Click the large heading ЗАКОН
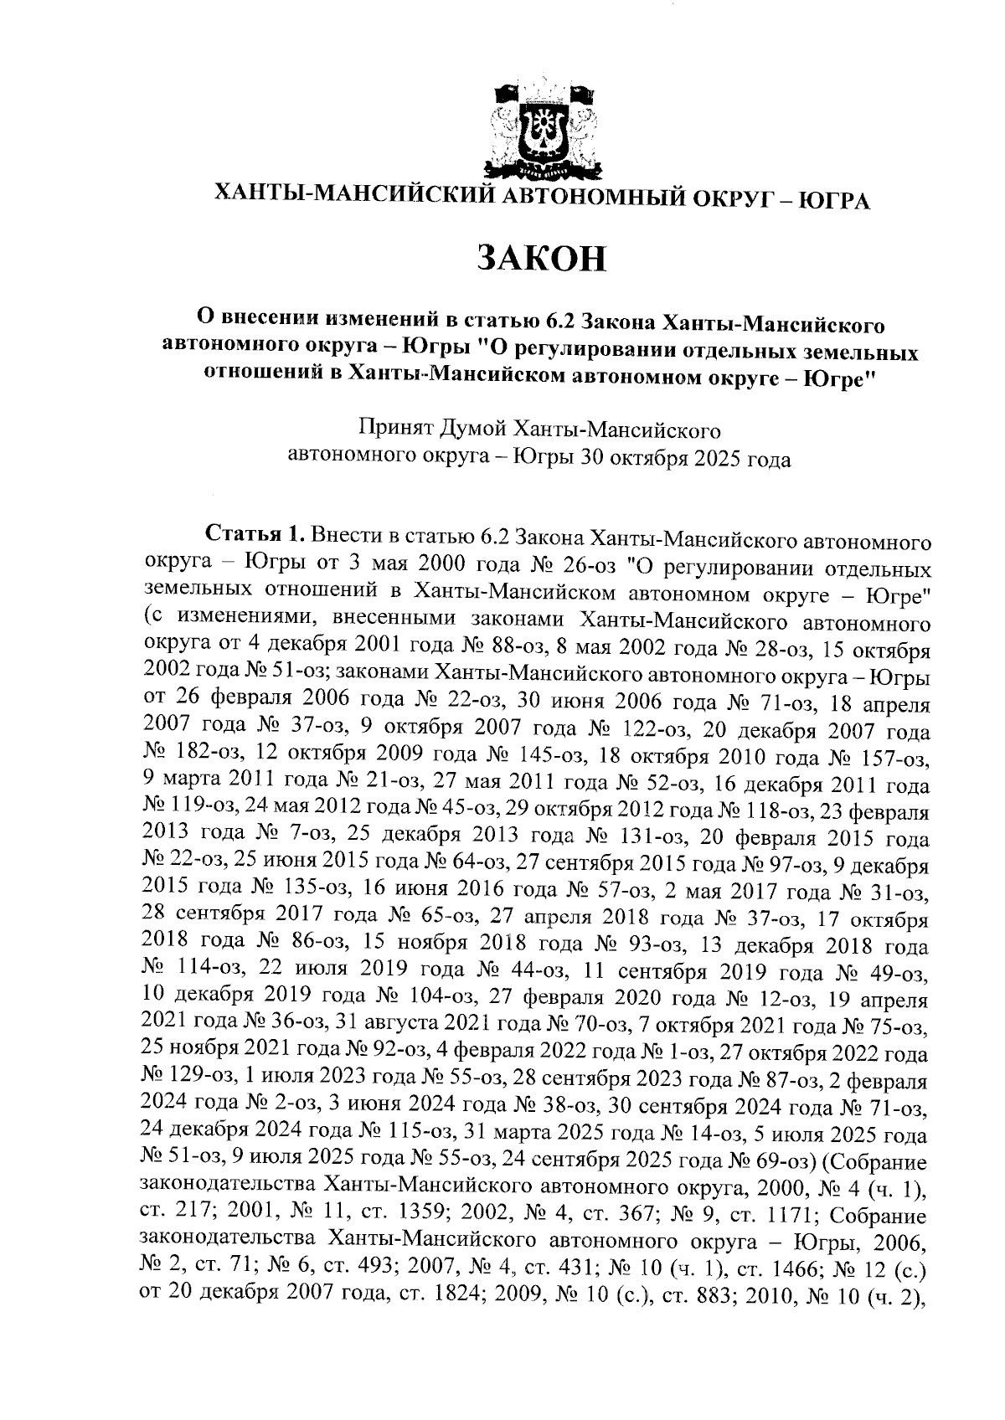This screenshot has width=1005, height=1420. coord(541,258)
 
